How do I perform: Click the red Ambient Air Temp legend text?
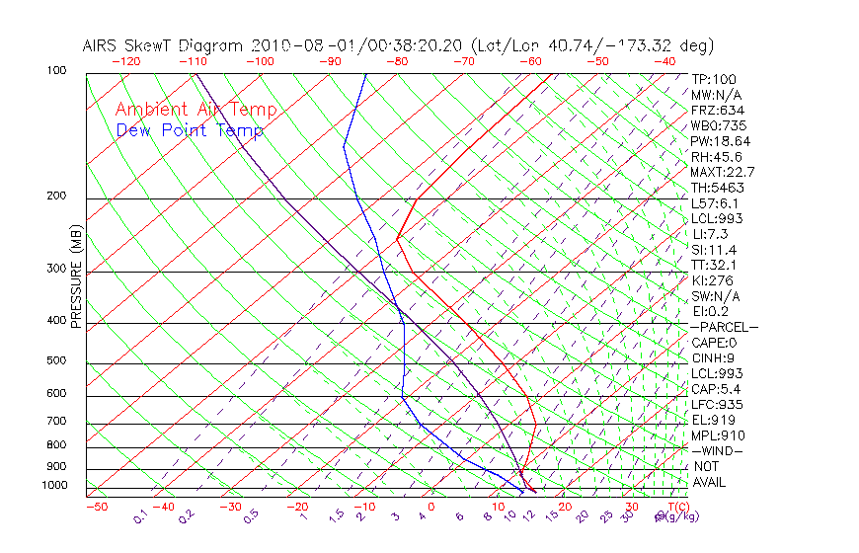(x=195, y=111)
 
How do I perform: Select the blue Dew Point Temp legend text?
(x=190, y=130)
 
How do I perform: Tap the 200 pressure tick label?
(x=55, y=197)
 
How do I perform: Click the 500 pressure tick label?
(x=55, y=361)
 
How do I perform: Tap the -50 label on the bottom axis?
(x=96, y=508)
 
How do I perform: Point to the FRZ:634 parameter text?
(x=718, y=111)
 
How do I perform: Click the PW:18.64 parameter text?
(x=721, y=141)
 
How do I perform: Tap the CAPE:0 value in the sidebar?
(x=715, y=343)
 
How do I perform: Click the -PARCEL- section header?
(x=724, y=327)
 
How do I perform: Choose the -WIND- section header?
(x=717, y=450)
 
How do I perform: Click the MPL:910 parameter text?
(x=718, y=435)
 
